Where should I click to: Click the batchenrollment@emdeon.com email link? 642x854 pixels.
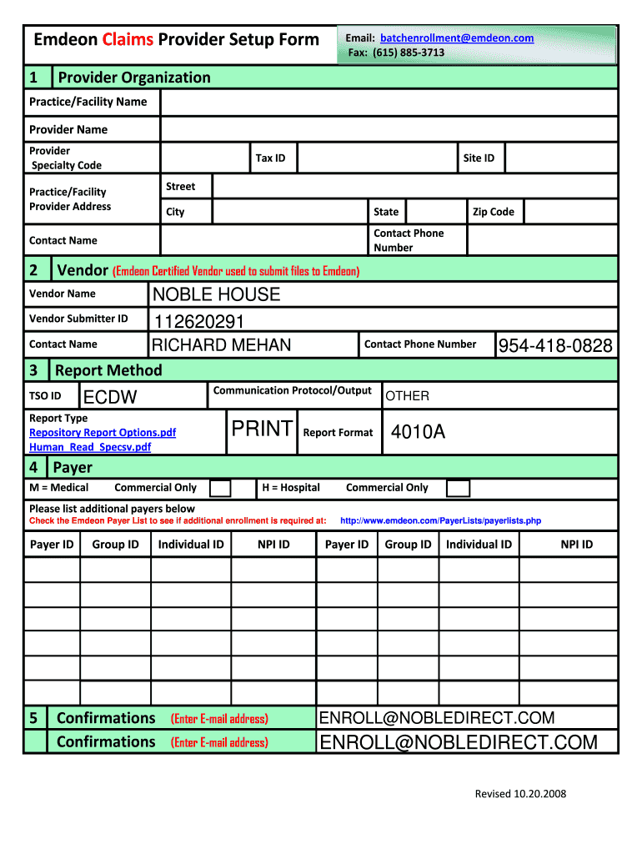tap(457, 38)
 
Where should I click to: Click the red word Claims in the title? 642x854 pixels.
tap(128, 39)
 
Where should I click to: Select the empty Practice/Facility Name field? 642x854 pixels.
tap(389, 102)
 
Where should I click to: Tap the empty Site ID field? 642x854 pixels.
tap(560, 158)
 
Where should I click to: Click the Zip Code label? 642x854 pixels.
tap(493, 212)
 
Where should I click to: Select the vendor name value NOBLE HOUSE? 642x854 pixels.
tap(216, 294)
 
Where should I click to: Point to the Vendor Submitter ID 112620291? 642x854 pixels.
tap(198, 321)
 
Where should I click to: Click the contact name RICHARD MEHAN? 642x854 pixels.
tap(222, 345)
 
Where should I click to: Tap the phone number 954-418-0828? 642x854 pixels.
tap(555, 346)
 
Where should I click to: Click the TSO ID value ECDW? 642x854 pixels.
tap(111, 397)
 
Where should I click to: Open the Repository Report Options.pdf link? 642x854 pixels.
tap(103, 433)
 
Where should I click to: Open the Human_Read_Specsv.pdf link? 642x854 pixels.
tap(90, 447)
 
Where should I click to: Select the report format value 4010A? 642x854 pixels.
tap(418, 432)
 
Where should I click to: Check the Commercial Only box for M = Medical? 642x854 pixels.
tap(220, 488)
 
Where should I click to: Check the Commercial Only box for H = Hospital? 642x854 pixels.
tap(458, 488)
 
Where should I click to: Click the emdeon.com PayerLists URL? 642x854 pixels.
tap(440, 521)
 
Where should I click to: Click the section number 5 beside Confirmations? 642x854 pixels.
tap(33, 718)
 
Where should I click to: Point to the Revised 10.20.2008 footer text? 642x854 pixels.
tap(520, 794)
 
